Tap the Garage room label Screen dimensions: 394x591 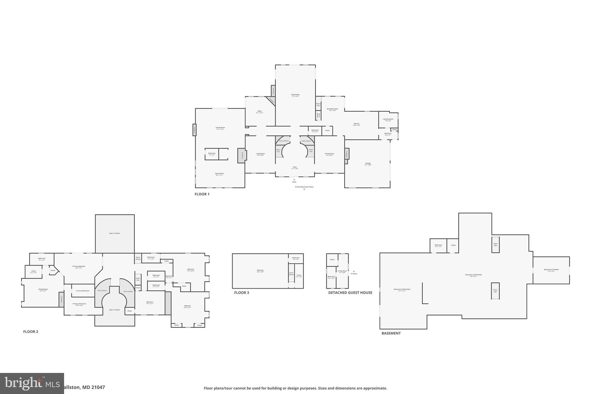(368, 163)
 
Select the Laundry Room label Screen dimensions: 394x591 (388, 119)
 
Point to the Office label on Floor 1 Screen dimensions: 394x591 (259, 111)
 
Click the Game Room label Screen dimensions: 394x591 (219, 174)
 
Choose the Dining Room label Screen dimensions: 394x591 (329, 154)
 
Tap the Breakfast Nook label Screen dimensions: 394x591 (332, 109)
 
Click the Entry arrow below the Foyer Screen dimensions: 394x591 (294, 180)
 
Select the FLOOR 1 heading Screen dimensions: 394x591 (202, 194)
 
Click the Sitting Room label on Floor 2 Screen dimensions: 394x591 (43, 289)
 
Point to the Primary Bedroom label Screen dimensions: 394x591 (78, 266)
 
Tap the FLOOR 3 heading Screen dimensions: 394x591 (241, 293)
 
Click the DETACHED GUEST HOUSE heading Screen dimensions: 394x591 (350, 293)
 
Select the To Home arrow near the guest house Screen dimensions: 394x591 (354, 271)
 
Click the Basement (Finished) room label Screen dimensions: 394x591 (551, 270)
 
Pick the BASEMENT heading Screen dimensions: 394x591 (391, 333)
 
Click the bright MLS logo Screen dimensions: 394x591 (32, 383)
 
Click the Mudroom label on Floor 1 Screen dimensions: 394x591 (388, 133)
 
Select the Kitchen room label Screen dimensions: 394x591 (356, 124)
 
